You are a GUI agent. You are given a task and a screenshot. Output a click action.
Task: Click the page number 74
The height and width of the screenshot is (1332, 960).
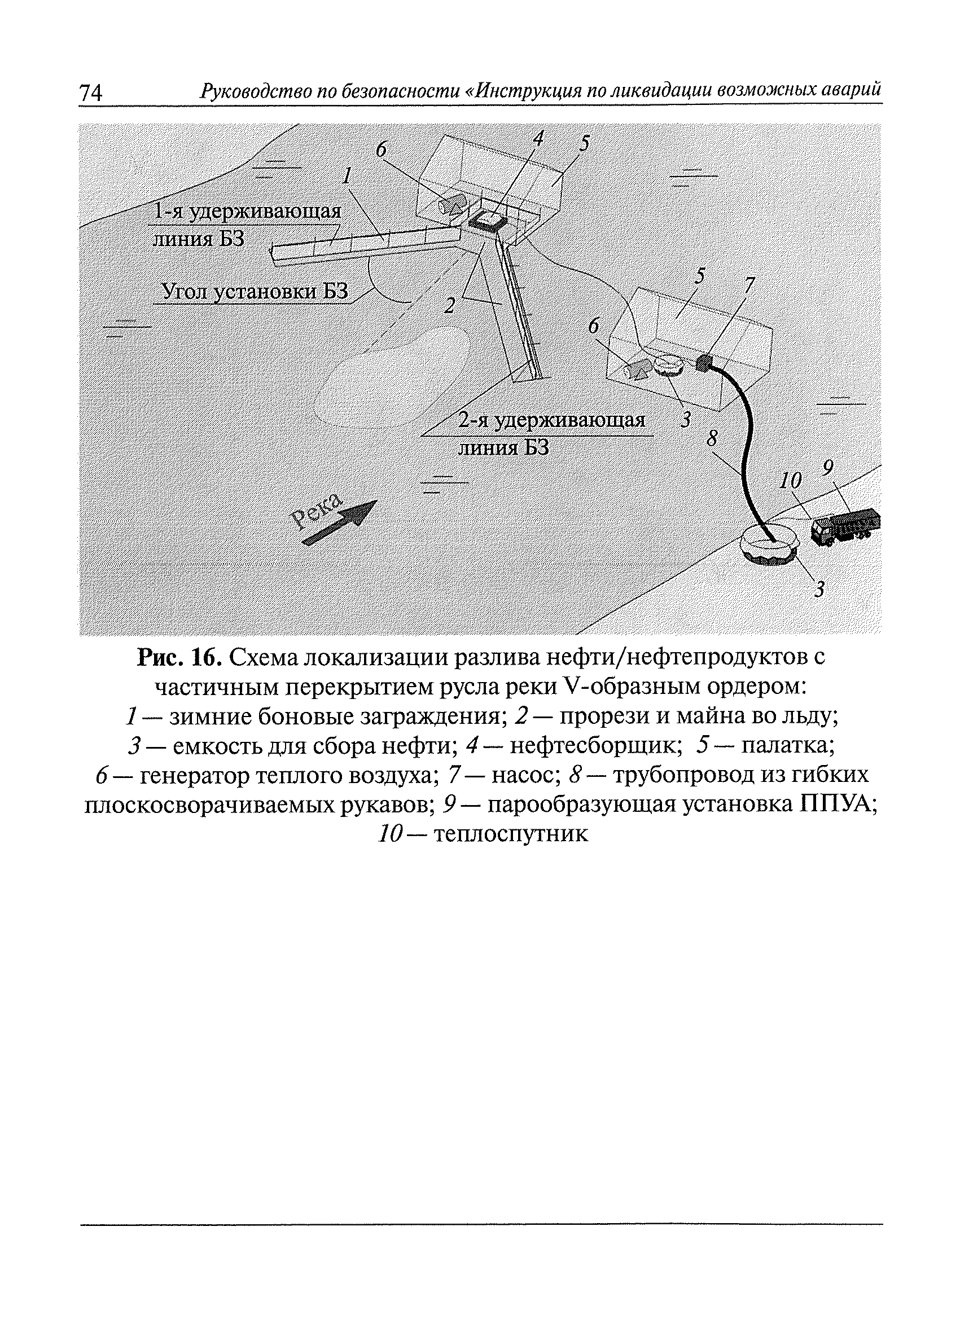[x=90, y=93]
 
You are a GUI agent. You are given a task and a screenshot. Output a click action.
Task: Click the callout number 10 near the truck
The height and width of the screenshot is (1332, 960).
[x=791, y=481]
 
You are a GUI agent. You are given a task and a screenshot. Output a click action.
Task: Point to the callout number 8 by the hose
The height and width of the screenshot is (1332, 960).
[x=713, y=438]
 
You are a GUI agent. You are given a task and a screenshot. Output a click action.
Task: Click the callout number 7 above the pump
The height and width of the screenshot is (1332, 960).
[x=749, y=285]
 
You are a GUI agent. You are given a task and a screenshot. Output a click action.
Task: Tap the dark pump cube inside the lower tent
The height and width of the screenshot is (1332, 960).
[x=703, y=362]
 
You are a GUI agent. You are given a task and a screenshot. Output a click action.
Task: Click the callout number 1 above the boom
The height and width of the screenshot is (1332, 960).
[x=348, y=175]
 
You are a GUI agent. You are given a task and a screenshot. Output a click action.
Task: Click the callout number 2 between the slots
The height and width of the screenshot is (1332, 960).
[x=450, y=305]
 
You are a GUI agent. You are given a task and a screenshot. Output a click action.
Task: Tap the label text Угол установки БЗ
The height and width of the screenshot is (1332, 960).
[x=255, y=291]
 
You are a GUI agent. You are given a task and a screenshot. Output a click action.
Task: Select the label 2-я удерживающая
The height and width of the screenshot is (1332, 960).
[x=551, y=420]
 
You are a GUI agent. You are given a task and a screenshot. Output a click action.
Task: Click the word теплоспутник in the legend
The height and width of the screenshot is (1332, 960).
[x=510, y=834]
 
